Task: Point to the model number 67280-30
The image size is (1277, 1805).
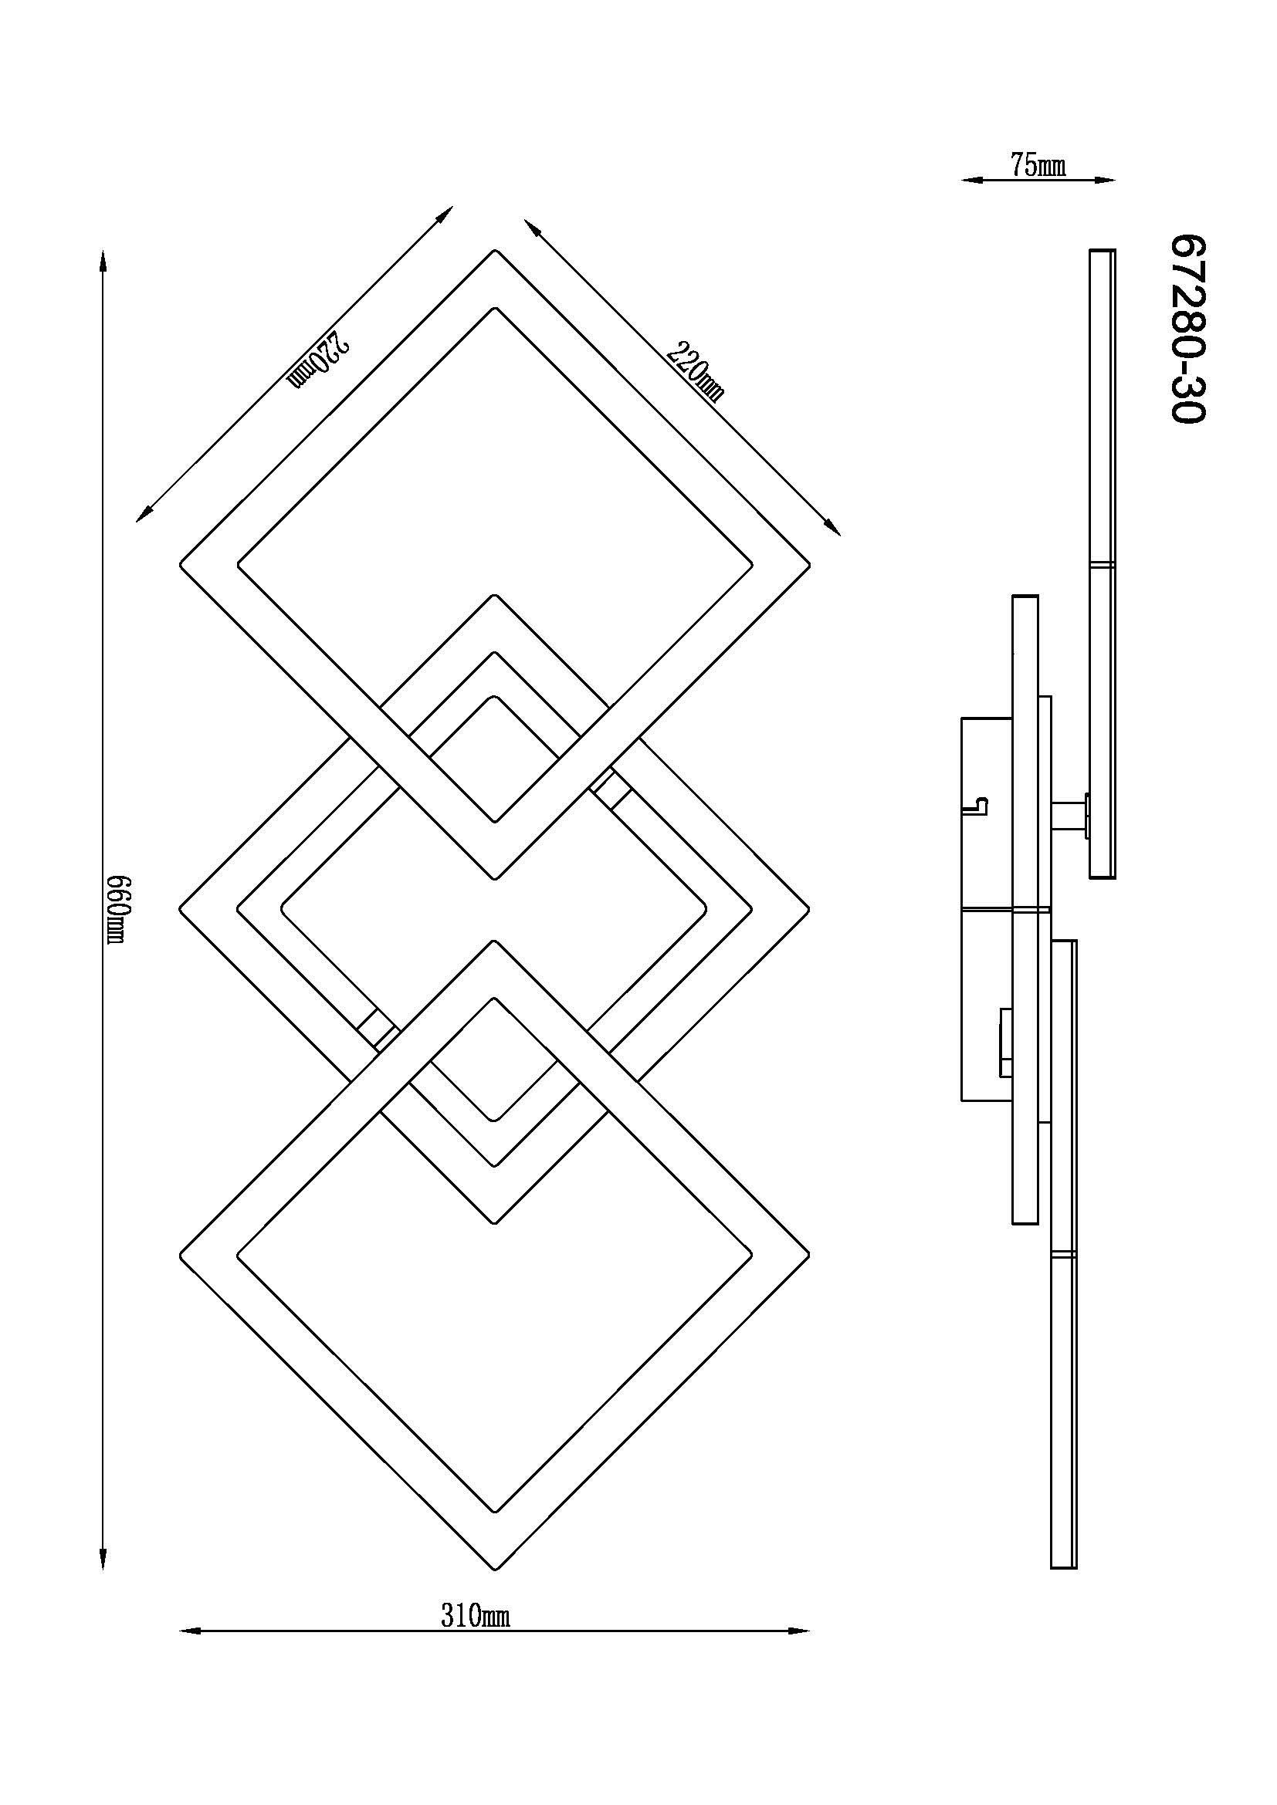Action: (1187, 330)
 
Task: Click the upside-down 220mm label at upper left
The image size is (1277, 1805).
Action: (318, 360)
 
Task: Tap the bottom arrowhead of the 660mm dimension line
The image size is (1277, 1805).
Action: (103, 1558)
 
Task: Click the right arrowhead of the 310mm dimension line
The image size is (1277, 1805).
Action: (798, 1631)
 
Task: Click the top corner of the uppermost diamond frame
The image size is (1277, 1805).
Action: (495, 250)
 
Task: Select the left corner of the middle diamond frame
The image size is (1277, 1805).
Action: (181, 910)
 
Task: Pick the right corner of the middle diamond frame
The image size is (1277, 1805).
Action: (809, 910)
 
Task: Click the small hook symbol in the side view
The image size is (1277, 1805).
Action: (981, 805)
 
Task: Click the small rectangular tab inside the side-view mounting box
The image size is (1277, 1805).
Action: (1005, 1043)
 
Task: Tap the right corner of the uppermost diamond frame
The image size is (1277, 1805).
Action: (809, 564)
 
